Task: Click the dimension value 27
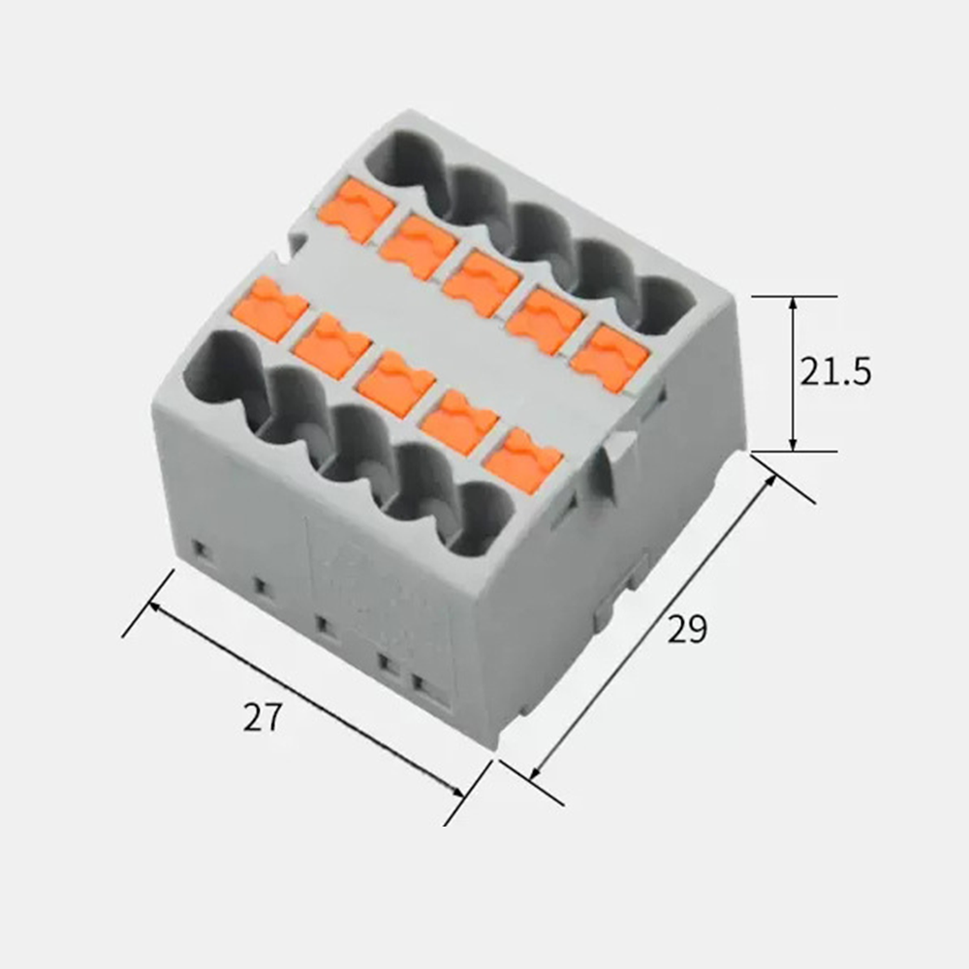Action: coord(262,717)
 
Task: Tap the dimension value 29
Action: coord(687,629)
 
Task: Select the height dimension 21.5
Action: coord(835,372)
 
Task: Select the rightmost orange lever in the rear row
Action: coord(610,359)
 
